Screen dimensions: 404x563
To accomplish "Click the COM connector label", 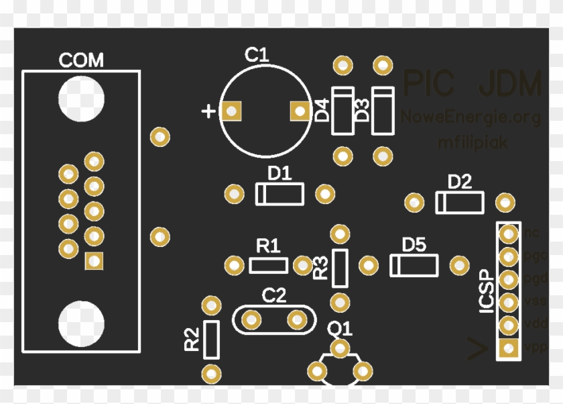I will pos(81,60).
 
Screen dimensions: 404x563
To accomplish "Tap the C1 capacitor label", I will pos(256,55).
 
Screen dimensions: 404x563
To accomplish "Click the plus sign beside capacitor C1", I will pos(209,111).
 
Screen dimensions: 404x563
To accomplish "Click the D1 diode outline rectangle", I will pos(279,195).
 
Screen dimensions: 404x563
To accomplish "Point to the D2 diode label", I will pos(460,181).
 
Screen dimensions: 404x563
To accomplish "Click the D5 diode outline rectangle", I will pos(414,265).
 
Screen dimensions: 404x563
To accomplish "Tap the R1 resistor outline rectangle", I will pos(268,265).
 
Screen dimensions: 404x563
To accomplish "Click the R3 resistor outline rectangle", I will pos(340,266).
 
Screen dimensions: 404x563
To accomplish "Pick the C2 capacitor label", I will pos(273,295).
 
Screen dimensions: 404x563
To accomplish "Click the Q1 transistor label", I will pos(340,329).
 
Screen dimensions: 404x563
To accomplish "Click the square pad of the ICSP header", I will pos(509,348).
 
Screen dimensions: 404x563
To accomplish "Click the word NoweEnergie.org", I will pos(471,118).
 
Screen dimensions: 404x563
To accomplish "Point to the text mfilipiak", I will pos(473,142).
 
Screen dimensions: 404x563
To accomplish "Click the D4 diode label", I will pos(322,110).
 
